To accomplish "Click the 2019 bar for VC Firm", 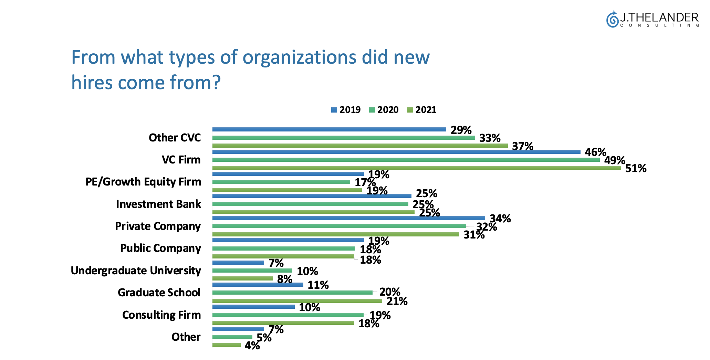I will click(396, 152).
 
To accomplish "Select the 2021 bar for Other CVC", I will click(360, 146).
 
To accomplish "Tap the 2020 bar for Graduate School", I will click(292, 293).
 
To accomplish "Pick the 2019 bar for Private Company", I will click(348, 218).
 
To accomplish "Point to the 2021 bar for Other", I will click(226, 345).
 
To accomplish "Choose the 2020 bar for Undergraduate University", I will click(252, 271).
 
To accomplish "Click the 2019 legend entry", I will click(346, 110).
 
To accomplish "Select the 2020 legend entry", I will click(384, 110).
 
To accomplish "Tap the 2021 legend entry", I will click(421, 110).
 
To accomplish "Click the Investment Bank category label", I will click(158, 204).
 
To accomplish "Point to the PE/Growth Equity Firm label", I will click(143, 182).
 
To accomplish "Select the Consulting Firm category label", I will click(161, 315).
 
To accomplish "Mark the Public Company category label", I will click(160, 248).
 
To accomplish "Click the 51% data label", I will click(636, 168).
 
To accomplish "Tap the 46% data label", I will click(595, 152).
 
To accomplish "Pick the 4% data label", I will click(252, 346).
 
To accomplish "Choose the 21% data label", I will click(397, 301).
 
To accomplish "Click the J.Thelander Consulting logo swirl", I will click(612, 19).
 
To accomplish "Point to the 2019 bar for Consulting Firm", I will click(253, 307).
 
